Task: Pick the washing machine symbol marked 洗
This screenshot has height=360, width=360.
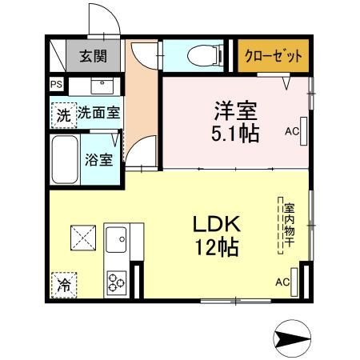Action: click(x=63, y=114)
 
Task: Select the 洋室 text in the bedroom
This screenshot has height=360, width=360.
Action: click(x=234, y=109)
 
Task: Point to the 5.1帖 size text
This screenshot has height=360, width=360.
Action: click(x=234, y=133)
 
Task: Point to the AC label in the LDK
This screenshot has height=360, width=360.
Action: click(x=282, y=282)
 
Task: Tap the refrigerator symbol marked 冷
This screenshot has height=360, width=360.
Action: click(x=63, y=283)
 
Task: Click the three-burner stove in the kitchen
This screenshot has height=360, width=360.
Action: click(x=117, y=282)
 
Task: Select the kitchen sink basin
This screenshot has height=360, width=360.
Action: click(x=117, y=240)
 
